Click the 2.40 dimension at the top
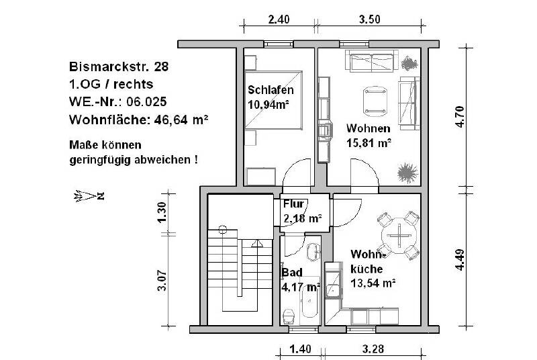point(279,19)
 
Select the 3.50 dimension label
point(369,19)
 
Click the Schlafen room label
point(271,91)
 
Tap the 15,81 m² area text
point(369,142)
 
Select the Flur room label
point(294,204)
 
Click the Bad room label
point(292,273)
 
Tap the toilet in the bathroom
point(289,315)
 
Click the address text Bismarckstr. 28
point(119,67)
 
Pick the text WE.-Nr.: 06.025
point(117,102)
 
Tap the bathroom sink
point(313,253)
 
